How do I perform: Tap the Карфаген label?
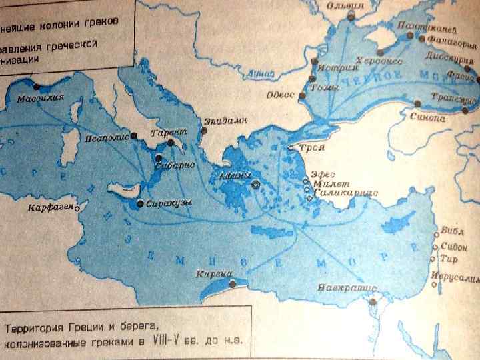[51, 209]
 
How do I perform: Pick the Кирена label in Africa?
[213, 274]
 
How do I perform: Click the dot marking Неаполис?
[134, 135]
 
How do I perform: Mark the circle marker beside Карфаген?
[77, 208]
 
